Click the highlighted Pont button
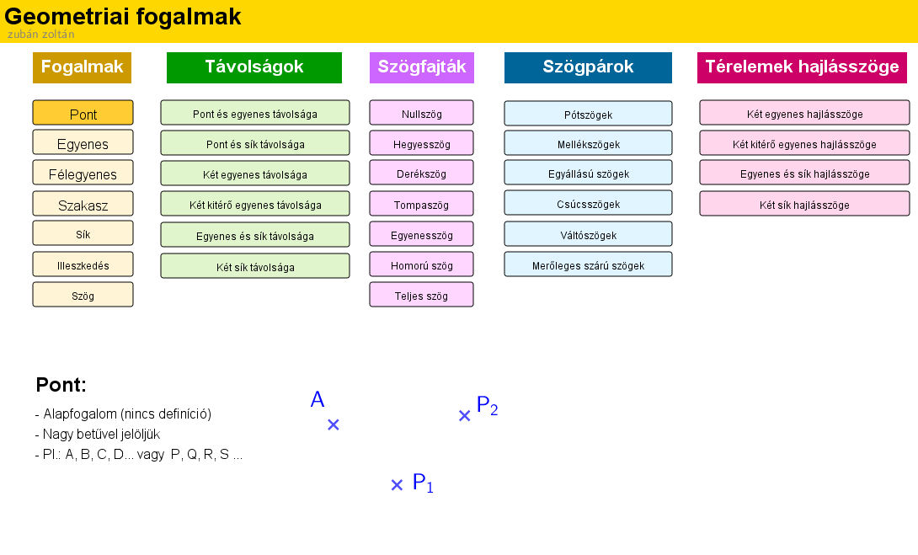coord(83,113)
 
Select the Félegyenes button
coord(83,173)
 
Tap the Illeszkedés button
coord(83,264)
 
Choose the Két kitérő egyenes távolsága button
coord(254,205)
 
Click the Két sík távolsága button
coord(254,266)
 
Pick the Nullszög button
coord(421,113)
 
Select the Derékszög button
coord(421,173)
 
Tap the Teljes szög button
coord(421,295)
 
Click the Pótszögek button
coord(588,114)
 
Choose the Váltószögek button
coord(588,234)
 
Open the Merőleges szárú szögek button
coord(588,264)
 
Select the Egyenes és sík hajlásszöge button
coord(804,173)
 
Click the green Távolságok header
coord(254,67)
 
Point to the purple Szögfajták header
coord(422,67)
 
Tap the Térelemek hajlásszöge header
coord(802,67)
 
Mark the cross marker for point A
coord(334,424)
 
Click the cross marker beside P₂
coord(464,416)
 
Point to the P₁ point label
coord(423,483)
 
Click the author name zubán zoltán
coord(41,34)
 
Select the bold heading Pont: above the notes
coord(61,385)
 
